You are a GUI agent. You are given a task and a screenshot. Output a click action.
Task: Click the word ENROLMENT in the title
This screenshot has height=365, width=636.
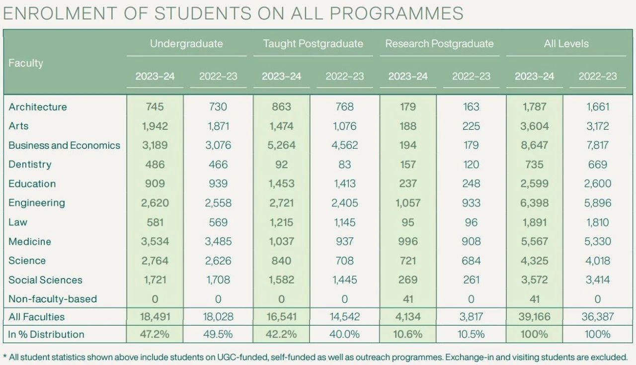[60, 13]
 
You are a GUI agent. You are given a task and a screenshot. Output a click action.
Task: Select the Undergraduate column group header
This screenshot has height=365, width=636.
[186, 44]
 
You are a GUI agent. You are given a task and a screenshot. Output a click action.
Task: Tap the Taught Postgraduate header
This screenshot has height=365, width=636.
[313, 44]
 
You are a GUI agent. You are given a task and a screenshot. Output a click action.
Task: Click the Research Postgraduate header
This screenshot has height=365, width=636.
[439, 44]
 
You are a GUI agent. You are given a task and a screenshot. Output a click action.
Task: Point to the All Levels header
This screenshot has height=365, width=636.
[566, 44]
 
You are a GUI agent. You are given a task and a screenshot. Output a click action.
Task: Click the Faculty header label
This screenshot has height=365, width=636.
[25, 63]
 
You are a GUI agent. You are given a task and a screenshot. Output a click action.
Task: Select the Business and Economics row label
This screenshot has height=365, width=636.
[64, 145]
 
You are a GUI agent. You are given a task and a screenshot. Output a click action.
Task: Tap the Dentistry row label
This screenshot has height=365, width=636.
[30, 164]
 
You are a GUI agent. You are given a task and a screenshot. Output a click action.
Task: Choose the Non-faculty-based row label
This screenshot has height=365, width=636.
[53, 299]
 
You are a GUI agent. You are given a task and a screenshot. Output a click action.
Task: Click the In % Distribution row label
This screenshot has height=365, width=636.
[46, 334]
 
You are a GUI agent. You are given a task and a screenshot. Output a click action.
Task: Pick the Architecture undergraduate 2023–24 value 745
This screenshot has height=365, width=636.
[155, 107]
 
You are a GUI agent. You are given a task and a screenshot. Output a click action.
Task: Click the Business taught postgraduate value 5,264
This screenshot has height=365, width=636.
[281, 145]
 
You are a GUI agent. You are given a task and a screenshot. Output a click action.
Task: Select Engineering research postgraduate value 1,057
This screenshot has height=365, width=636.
[408, 203]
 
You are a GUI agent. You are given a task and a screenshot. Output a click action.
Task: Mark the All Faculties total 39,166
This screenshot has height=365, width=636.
[534, 317]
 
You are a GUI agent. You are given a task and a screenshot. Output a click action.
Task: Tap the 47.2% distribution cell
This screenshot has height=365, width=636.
[155, 334]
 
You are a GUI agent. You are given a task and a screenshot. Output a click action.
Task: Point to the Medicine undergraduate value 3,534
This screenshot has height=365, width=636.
[155, 241]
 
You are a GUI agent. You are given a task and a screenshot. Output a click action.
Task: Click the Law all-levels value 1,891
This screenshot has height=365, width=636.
[534, 222]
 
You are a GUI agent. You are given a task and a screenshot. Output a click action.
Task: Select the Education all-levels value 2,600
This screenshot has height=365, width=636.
[597, 183]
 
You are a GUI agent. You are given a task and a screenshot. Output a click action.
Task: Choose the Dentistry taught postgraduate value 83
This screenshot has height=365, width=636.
[345, 165]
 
